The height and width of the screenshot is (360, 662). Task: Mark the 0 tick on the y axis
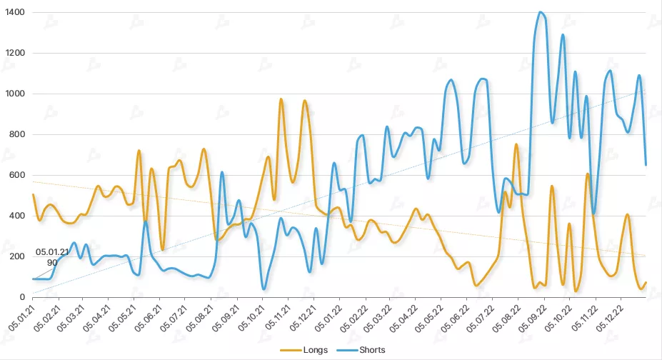22,297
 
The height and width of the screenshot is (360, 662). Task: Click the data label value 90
52,263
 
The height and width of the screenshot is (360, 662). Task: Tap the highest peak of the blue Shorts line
541,12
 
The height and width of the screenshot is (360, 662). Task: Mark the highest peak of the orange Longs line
281,99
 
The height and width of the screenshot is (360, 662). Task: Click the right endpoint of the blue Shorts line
646,165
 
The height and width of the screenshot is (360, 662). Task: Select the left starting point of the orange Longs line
33,194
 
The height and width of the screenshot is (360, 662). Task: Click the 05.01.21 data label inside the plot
52,252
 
